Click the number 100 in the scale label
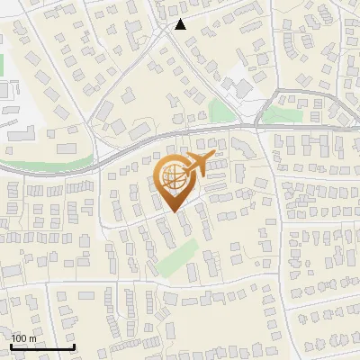18,338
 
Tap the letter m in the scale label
33,338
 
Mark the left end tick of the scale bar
10,346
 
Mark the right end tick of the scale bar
74,346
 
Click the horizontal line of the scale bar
41,347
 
